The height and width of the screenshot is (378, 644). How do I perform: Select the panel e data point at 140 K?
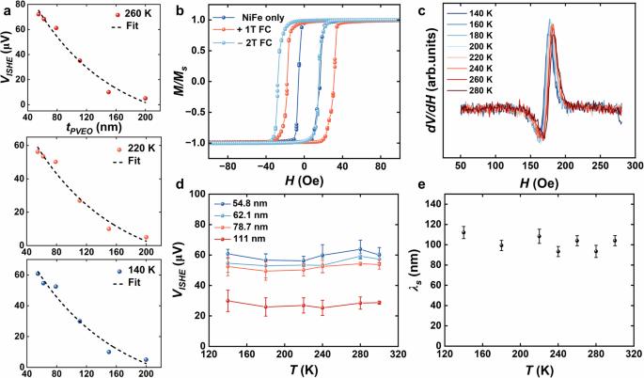(463, 232)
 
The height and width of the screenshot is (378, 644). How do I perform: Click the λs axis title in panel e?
(417, 274)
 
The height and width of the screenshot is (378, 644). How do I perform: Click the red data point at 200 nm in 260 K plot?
(145, 99)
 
